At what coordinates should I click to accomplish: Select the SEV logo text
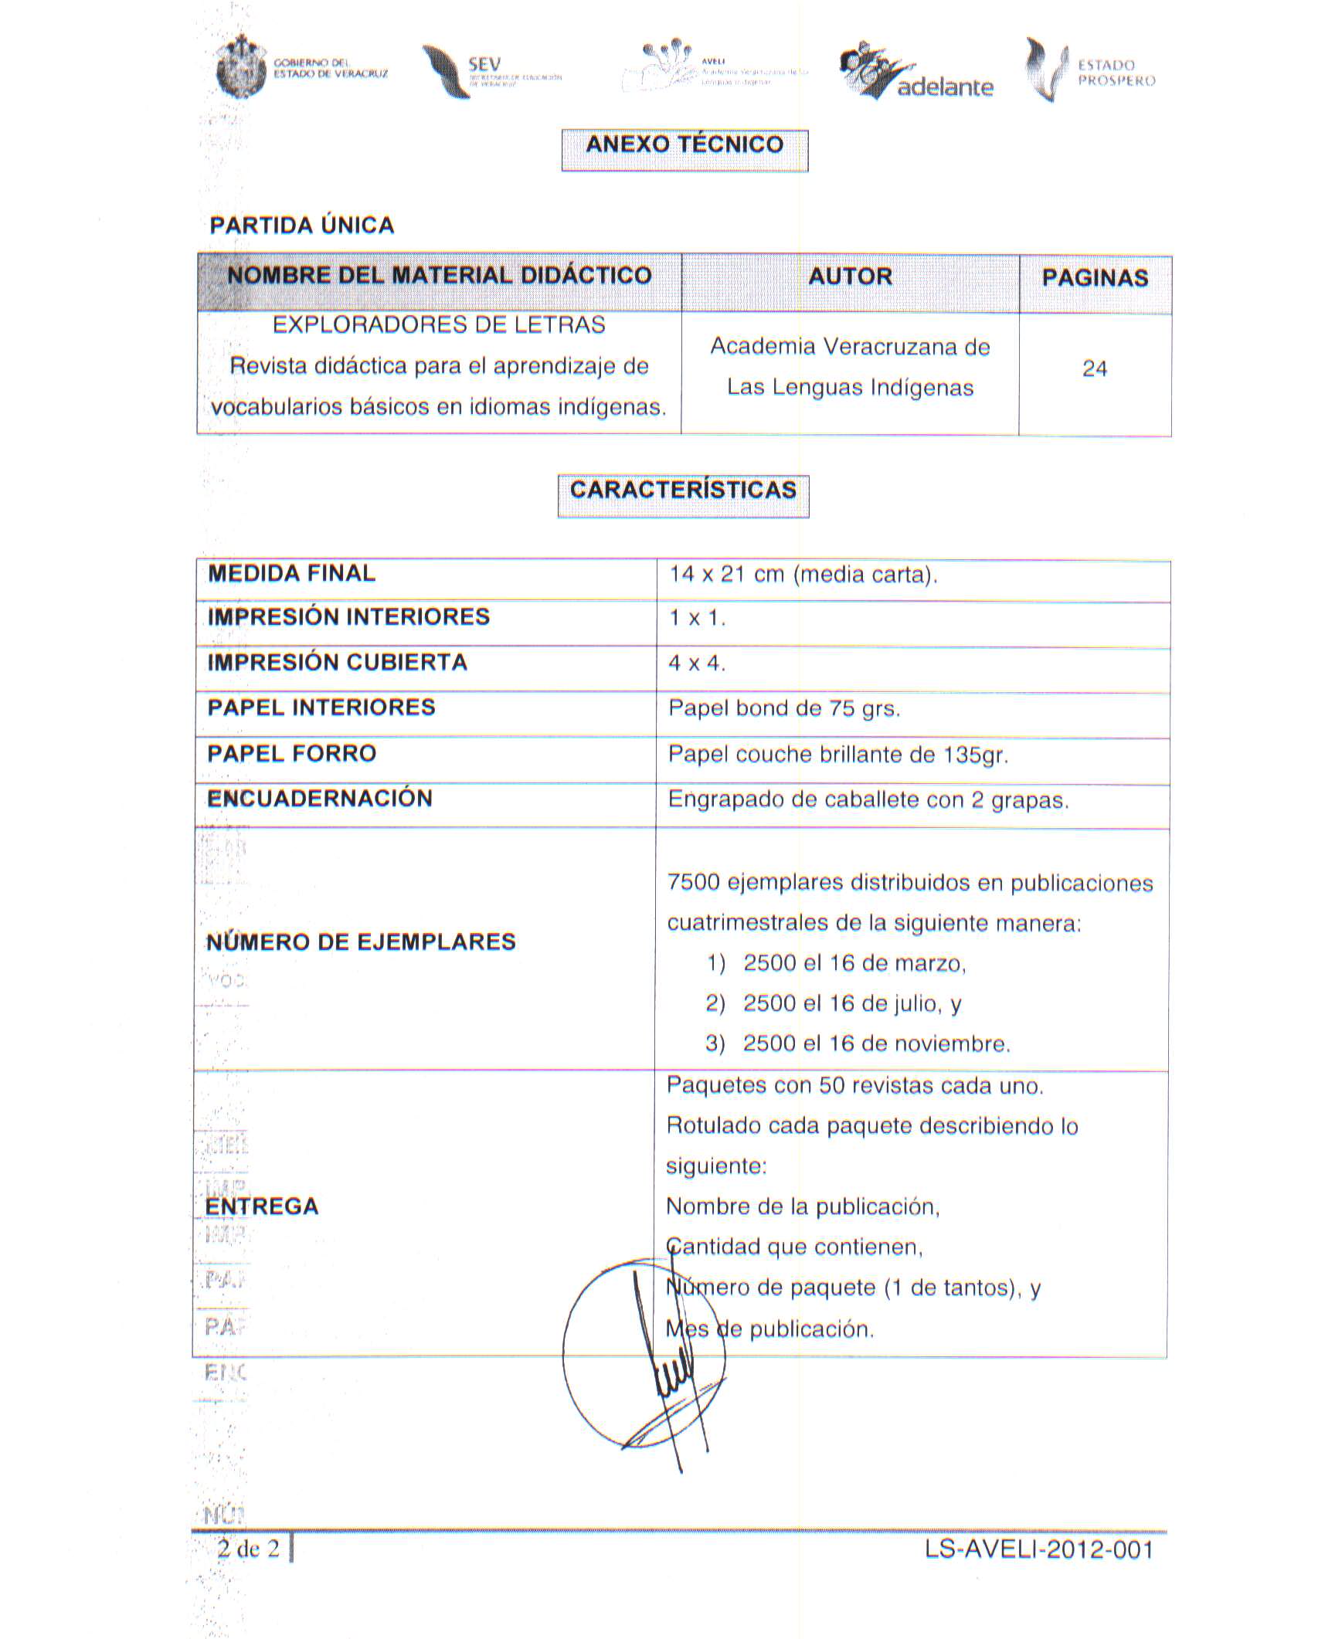point(484,65)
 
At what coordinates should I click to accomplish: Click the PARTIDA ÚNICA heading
point(302,226)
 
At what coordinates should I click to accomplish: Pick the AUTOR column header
point(850,277)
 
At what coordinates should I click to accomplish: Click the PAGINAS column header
point(1095,278)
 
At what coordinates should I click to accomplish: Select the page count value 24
point(1095,369)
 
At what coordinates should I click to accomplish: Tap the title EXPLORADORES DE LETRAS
point(439,325)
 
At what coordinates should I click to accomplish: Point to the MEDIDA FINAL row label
point(292,574)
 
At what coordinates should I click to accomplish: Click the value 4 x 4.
point(697,663)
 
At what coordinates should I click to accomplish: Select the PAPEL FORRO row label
point(292,754)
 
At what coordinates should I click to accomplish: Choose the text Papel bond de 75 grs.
point(784,709)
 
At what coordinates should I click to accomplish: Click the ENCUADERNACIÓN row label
point(320,799)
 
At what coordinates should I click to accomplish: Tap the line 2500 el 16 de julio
point(852,1004)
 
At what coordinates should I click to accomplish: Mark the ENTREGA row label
point(262,1206)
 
